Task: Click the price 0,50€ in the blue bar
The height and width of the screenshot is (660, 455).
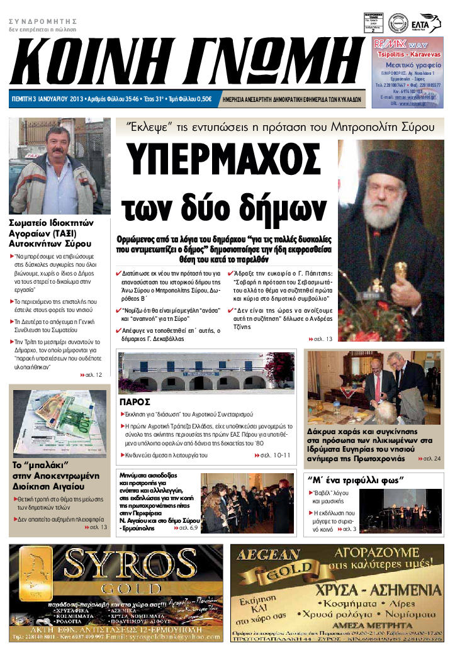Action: click(203, 99)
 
